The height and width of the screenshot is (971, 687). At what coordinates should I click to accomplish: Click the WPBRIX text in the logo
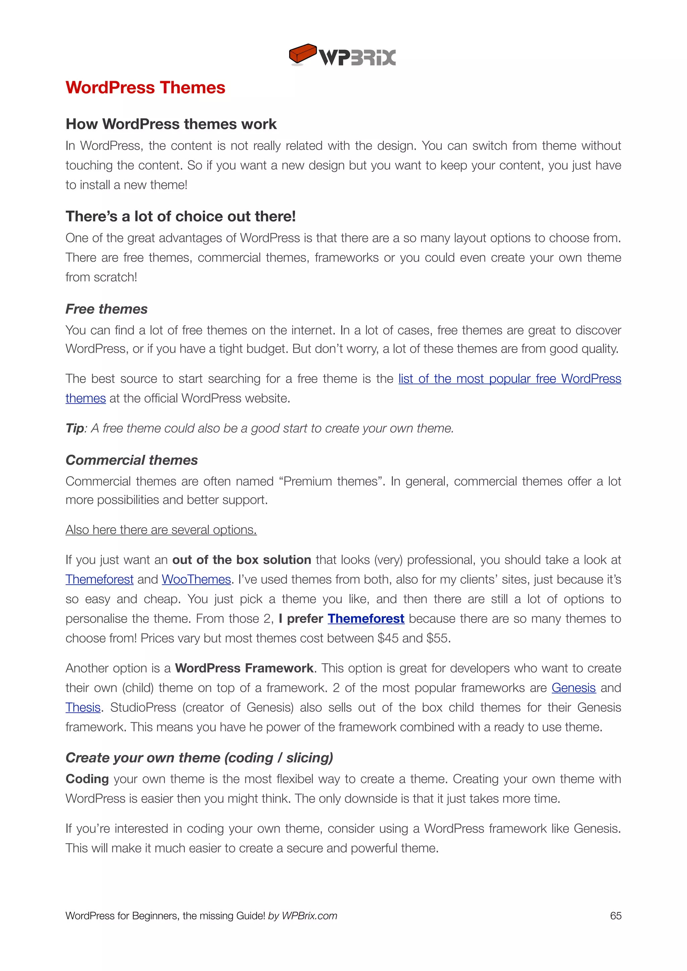pos(358,58)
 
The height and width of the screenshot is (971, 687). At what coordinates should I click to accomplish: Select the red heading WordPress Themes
pos(145,88)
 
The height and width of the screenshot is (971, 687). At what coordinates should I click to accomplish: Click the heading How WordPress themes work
pos(171,124)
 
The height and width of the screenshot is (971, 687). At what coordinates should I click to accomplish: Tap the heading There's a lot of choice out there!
pos(180,216)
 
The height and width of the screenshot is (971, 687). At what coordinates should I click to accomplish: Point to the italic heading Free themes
pos(107,309)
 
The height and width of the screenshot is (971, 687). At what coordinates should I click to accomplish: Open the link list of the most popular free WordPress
pos(509,379)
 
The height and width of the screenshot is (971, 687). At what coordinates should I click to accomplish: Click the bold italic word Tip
pos(75,429)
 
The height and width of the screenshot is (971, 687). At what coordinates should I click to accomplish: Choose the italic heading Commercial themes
pos(131,460)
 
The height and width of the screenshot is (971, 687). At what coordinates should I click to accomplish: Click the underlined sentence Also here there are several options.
pos(161,529)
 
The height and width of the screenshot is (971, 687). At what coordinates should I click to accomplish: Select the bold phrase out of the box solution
pos(242,560)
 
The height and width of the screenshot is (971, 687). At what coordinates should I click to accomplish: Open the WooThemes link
pos(196,579)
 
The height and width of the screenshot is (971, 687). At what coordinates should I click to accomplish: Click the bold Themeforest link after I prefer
pos(366,618)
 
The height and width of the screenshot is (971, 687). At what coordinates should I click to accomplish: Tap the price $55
pos(437,638)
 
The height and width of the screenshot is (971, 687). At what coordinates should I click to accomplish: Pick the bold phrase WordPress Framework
pos(244,668)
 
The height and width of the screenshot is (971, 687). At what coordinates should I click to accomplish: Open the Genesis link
pos(573,688)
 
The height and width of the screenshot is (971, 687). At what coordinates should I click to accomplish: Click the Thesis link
pos(83,707)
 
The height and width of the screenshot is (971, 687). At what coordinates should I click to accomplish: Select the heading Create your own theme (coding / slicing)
pos(199,757)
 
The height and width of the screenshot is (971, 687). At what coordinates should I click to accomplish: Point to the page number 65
pos(616,916)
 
